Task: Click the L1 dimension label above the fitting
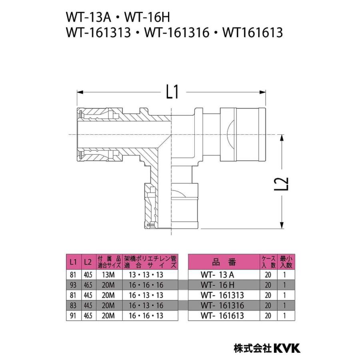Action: (x=172, y=93)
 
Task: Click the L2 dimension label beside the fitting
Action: (x=283, y=183)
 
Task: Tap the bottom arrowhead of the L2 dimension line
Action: (x=283, y=226)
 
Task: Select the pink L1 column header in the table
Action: (x=73, y=262)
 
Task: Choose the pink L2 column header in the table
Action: (x=88, y=262)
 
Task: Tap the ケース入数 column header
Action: (x=268, y=262)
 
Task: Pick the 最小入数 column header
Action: (x=286, y=262)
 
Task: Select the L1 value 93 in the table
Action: (x=73, y=285)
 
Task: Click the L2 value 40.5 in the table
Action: (x=88, y=275)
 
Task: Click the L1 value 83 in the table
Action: (x=73, y=306)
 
